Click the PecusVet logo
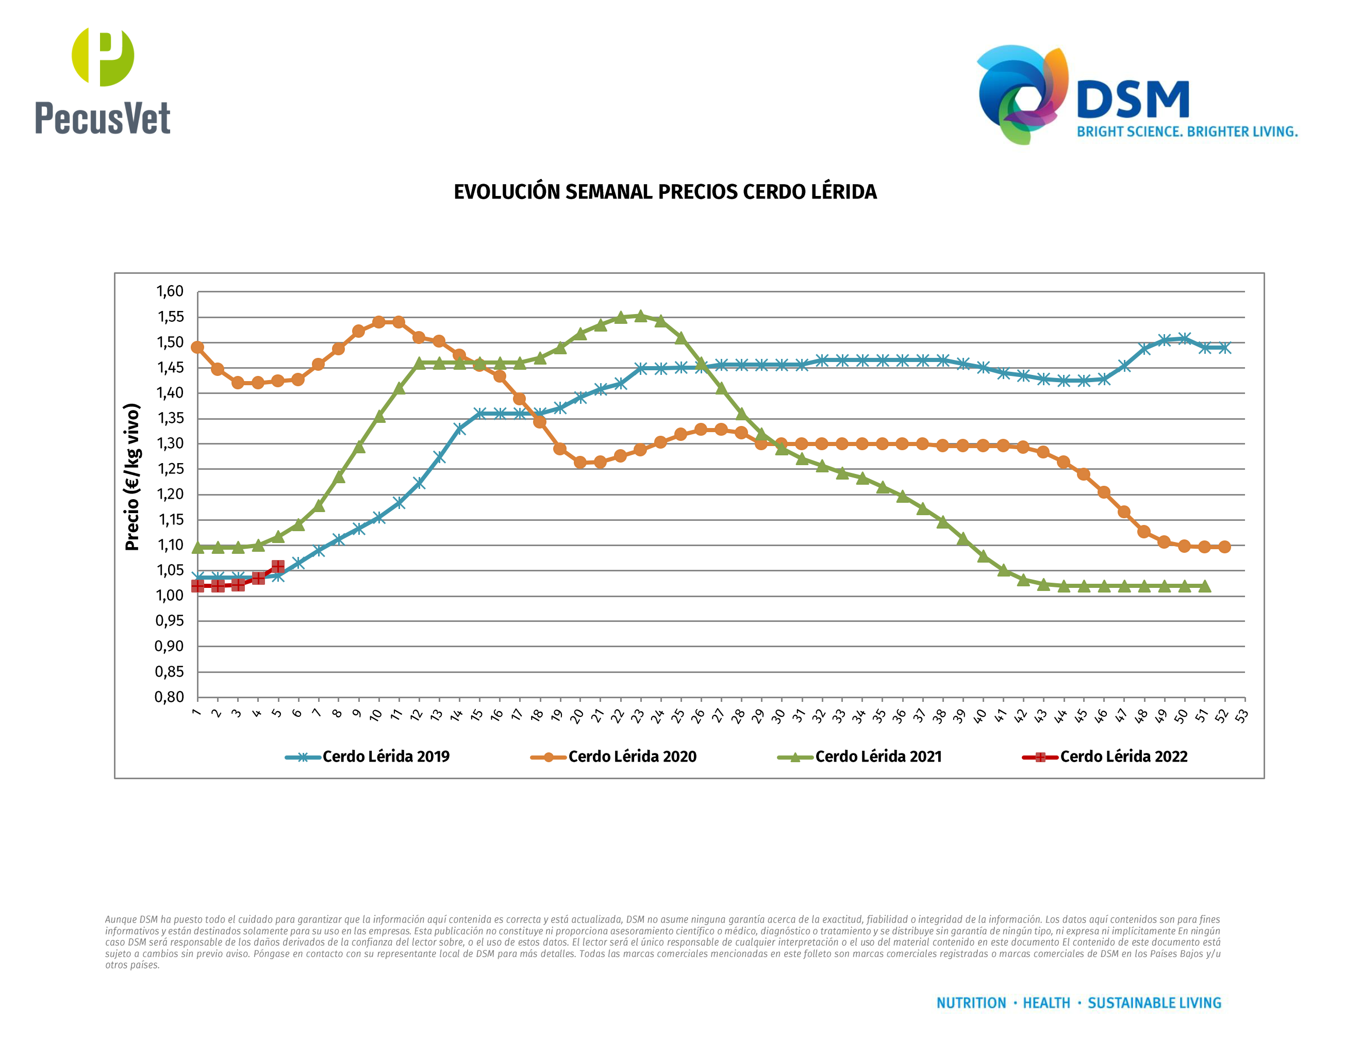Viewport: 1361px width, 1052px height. click(x=103, y=81)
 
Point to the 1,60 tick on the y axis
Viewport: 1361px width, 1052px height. click(x=170, y=291)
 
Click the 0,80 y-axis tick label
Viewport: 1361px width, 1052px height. click(x=170, y=697)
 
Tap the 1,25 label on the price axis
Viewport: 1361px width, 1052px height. click(x=170, y=469)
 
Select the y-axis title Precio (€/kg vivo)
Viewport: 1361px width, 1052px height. click(x=132, y=477)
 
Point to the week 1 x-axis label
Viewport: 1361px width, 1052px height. click(x=196, y=712)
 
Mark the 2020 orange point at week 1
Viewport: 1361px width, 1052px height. click(x=197, y=347)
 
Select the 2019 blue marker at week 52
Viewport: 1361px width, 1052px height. click(x=1224, y=348)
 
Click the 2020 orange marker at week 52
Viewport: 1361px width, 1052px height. click(x=1224, y=547)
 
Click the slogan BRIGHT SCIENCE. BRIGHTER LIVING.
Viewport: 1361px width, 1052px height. click(x=1187, y=132)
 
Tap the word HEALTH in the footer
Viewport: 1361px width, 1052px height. click(x=1047, y=1004)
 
